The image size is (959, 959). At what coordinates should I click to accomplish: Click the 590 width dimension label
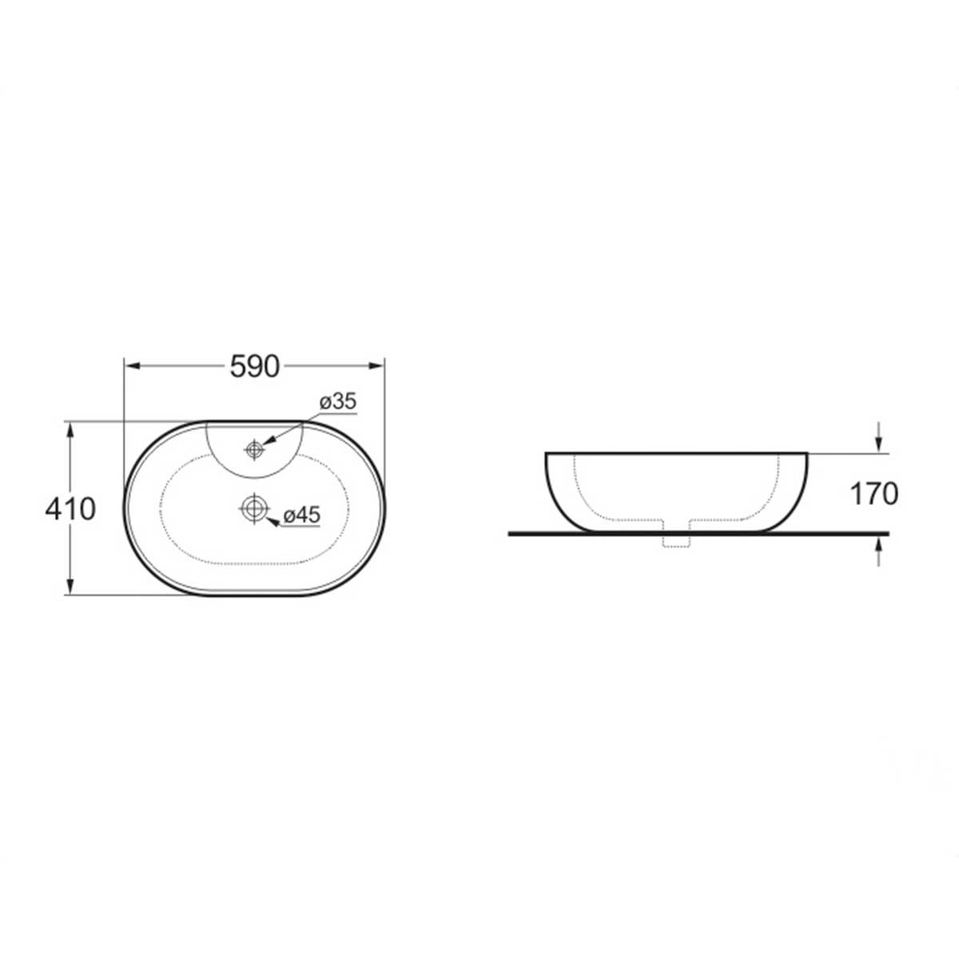[255, 367]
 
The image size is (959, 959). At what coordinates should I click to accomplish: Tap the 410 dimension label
[70, 509]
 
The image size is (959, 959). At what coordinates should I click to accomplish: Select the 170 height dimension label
[874, 494]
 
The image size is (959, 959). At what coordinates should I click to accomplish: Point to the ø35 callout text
[338, 401]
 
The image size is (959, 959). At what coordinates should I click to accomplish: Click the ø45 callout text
[302, 515]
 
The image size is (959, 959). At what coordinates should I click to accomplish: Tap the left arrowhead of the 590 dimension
[131, 366]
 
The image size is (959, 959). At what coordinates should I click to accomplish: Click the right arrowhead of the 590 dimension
[376, 366]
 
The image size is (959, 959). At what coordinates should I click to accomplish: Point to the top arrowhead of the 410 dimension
[70, 429]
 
